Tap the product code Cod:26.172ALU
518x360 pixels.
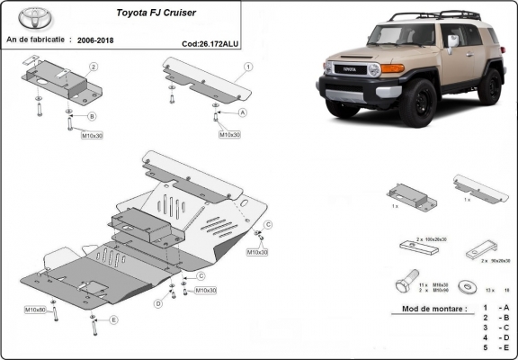[210, 42]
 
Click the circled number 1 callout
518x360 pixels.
[247, 67]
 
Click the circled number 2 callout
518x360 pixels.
[93, 67]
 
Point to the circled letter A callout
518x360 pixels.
[243, 113]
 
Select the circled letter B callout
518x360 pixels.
[92, 116]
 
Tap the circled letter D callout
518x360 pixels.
[157, 303]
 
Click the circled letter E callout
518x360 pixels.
[113, 319]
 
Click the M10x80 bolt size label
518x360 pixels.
[35, 310]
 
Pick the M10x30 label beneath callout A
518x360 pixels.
[229, 134]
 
